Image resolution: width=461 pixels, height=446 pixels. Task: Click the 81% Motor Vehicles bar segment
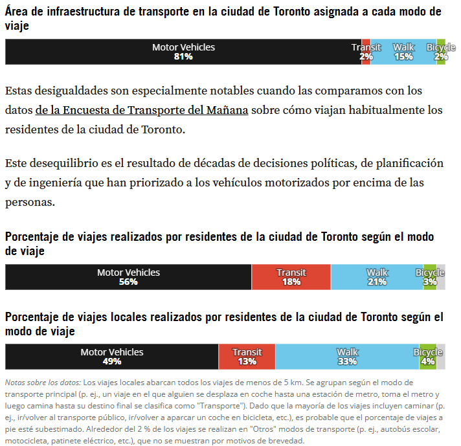coord(183,52)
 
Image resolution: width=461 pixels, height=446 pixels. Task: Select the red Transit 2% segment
coord(366,52)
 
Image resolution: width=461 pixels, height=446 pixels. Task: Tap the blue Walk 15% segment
coord(403,52)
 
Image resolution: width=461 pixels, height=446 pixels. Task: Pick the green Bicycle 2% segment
coord(441,52)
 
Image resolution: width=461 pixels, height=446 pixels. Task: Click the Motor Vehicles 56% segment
coord(128,277)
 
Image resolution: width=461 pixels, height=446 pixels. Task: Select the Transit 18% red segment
coord(291,277)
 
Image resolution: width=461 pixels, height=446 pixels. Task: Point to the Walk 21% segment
coord(377,277)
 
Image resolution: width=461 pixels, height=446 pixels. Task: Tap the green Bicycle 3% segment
coord(430,277)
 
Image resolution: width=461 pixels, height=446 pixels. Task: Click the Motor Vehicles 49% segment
coord(112,357)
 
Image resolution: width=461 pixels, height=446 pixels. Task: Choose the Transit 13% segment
coord(247,357)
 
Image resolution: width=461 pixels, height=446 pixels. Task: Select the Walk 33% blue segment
coord(347,357)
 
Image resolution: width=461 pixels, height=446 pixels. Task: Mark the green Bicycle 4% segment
coord(428,357)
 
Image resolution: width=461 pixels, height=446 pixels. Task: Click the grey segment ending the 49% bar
coord(441,357)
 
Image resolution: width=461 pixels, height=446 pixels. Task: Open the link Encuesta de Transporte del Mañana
coord(155,110)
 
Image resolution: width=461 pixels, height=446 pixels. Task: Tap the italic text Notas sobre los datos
coord(43,383)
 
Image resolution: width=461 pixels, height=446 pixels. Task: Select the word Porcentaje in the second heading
coord(32,238)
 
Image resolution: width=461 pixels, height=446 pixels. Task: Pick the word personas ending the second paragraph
coord(30,203)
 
